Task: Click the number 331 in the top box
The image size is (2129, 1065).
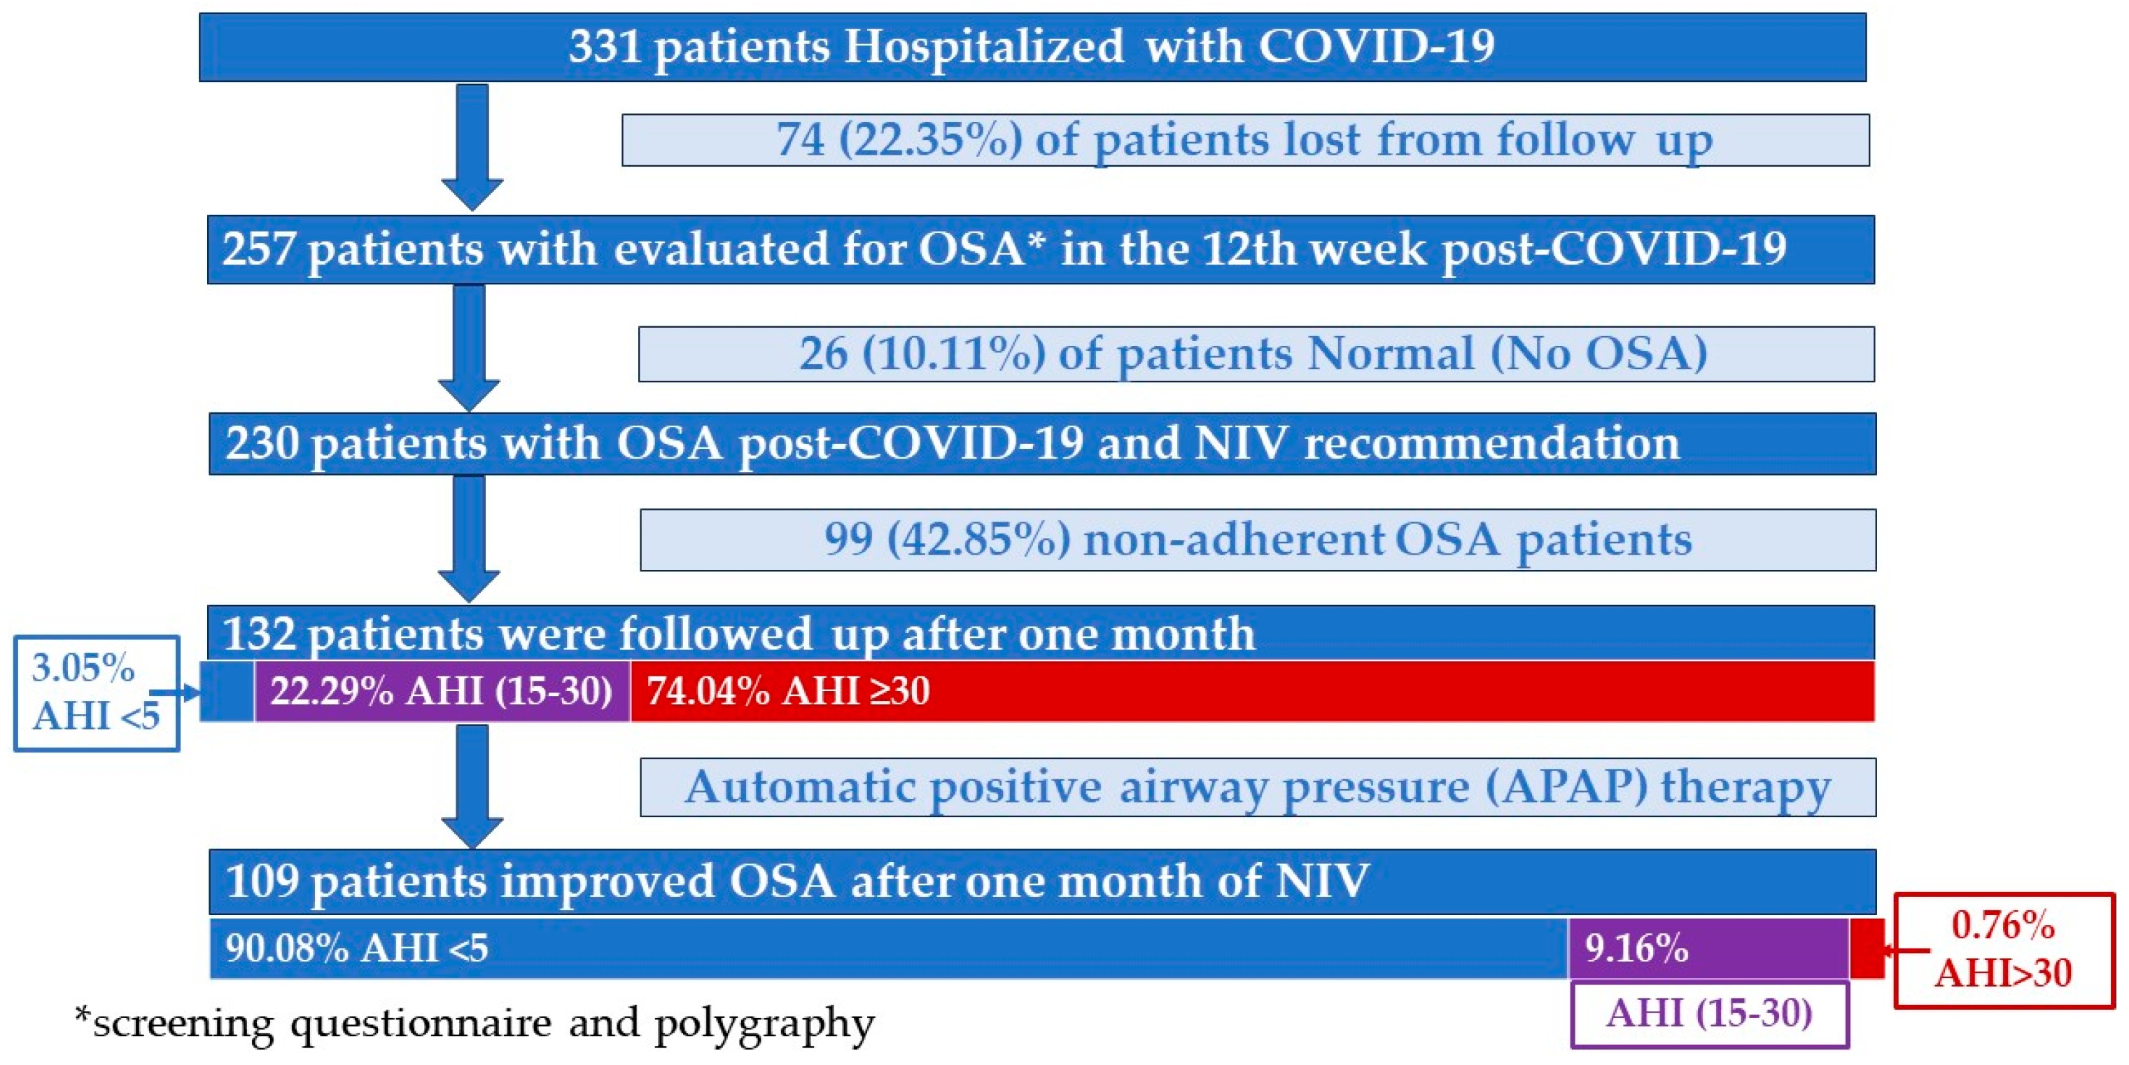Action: coord(604,46)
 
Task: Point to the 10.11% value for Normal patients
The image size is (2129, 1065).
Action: coord(955,353)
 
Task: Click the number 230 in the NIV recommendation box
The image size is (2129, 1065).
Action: coord(263,443)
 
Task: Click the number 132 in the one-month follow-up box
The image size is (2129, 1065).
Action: coord(260,634)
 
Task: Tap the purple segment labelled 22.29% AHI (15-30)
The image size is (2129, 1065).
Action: coord(442,690)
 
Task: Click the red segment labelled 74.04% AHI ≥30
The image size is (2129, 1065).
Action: coord(1252,690)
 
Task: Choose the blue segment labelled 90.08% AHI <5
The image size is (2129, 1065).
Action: coord(890,947)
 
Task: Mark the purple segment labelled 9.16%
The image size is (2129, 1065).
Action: coord(1708,947)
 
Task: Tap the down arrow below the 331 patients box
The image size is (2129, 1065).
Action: coord(472,147)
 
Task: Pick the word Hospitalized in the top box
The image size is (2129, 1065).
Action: coord(983,47)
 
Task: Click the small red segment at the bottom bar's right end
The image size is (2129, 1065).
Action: coord(1866,947)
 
